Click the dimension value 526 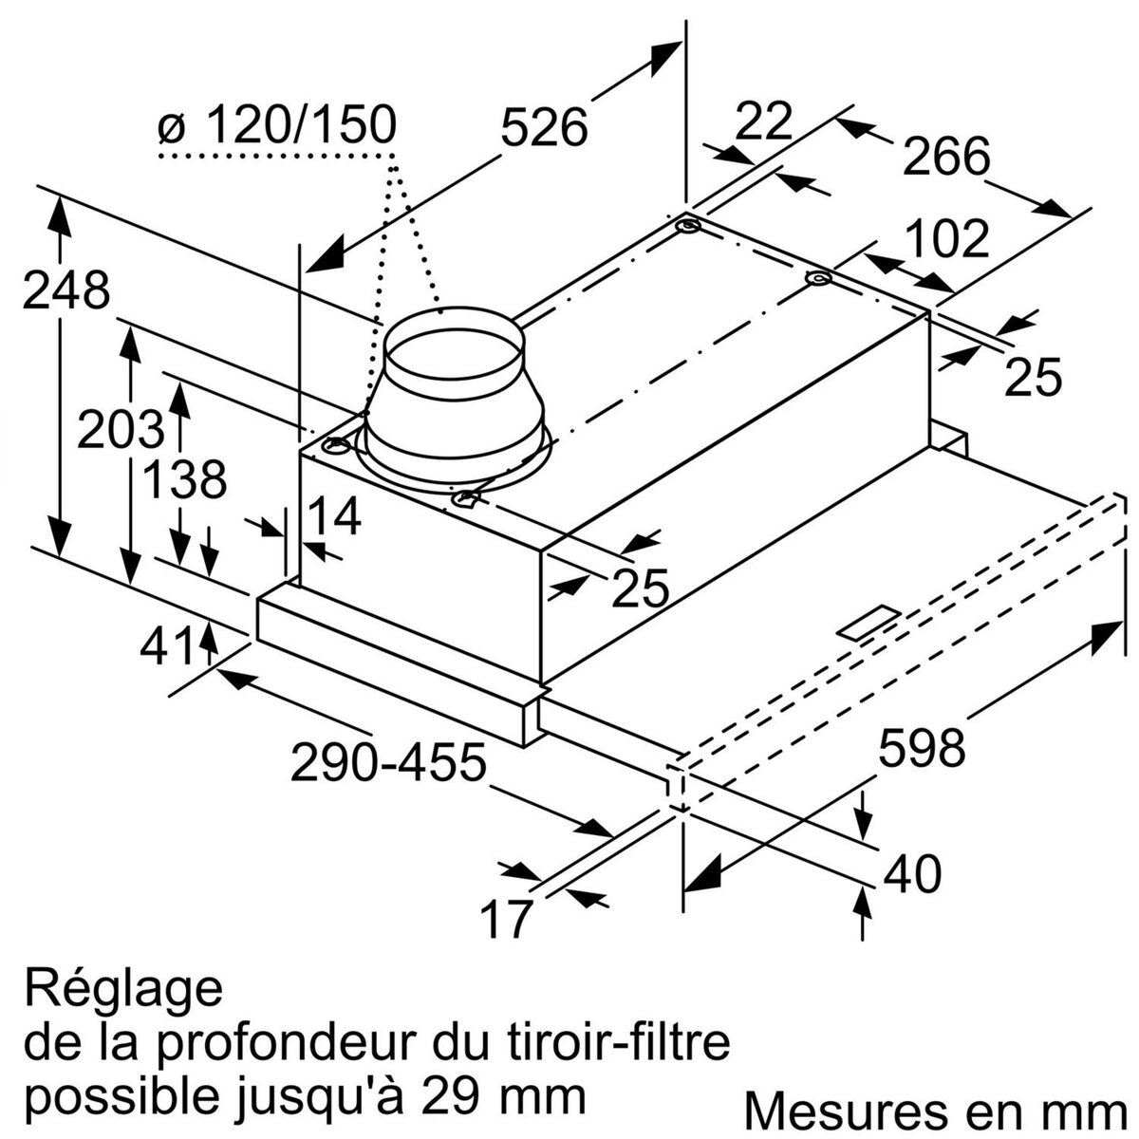[544, 128]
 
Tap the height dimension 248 [66, 290]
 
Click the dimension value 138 [184, 480]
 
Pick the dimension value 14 [335, 517]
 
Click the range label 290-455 [388, 762]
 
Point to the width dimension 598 [922, 748]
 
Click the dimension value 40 [912, 873]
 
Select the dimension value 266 [945, 157]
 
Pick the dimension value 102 [945, 239]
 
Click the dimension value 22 [764, 121]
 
